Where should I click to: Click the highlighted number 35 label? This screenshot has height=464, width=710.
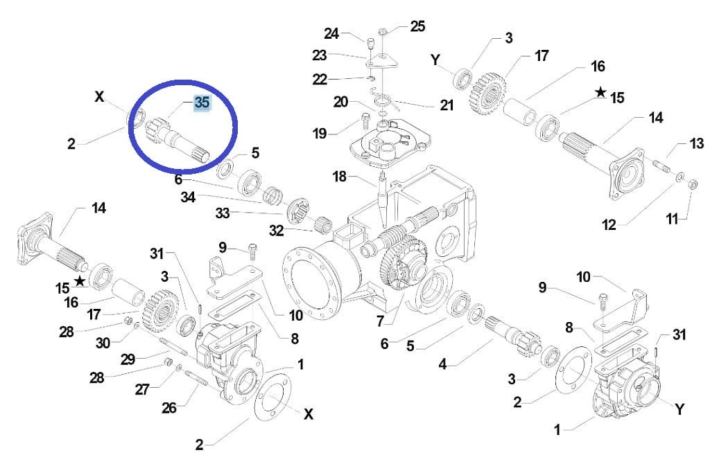[x=202, y=103]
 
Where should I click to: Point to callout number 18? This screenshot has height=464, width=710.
[x=339, y=177]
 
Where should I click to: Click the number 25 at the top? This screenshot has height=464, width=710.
[x=417, y=26]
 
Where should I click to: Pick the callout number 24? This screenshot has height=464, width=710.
[x=332, y=33]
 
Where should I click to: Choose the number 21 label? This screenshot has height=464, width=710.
[x=447, y=105]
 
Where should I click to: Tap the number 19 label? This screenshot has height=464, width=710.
[x=320, y=133]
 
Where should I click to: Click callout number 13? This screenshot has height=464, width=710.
[x=695, y=145]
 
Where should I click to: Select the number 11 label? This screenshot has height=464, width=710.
[x=672, y=219]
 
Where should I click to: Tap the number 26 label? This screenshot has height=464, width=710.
[x=168, y=408]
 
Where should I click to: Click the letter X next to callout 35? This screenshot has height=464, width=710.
[x=99, y=96]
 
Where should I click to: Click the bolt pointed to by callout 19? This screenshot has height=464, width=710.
[x=363, y=124]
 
